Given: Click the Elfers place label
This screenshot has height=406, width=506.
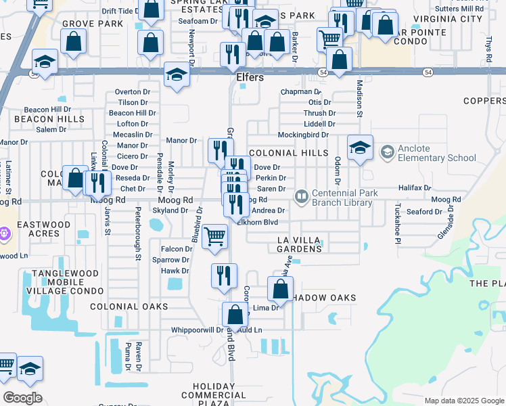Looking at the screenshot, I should pos(250,77).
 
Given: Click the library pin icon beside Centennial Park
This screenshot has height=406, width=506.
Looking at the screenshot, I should pos(301,196).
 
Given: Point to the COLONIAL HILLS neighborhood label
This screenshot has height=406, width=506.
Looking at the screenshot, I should pos(289,154).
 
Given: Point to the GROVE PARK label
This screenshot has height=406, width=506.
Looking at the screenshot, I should pos(93,24).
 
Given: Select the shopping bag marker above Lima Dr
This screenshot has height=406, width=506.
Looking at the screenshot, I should pos(279,289).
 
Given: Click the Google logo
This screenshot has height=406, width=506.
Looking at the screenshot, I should pos(22,398).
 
